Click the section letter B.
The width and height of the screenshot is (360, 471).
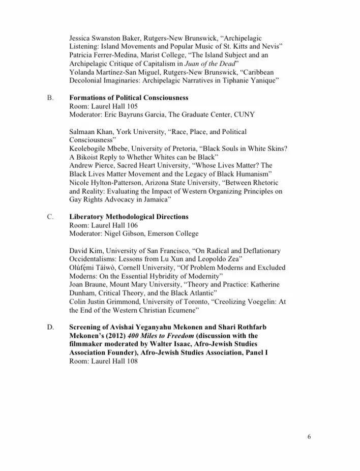pos(50,97)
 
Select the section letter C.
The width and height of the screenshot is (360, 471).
pos(50,217)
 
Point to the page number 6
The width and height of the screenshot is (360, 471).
pos(309,436)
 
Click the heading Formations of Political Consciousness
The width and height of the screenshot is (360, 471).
pos(129,97)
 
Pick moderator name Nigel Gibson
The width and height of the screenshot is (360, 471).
pos(125,233)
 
